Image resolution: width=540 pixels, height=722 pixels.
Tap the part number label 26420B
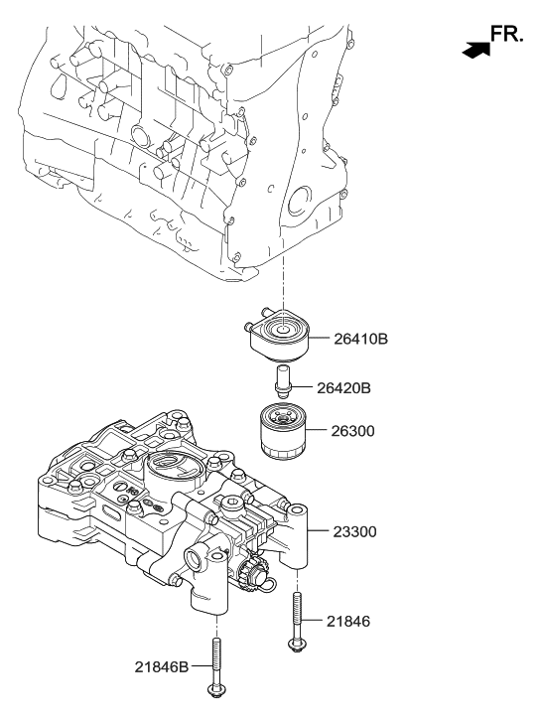(x=344, y=387)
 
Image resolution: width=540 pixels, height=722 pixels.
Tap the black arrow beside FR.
(x=476, y=47)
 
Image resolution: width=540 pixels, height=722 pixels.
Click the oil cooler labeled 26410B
(x=281, y=336)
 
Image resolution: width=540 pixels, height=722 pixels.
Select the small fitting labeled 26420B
(x=282, y=381)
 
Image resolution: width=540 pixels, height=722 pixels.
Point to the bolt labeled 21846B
(x=214, y=667)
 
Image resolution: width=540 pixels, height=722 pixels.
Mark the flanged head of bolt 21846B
(x=214, y=691)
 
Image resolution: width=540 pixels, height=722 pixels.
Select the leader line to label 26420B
(x=303, y=387)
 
